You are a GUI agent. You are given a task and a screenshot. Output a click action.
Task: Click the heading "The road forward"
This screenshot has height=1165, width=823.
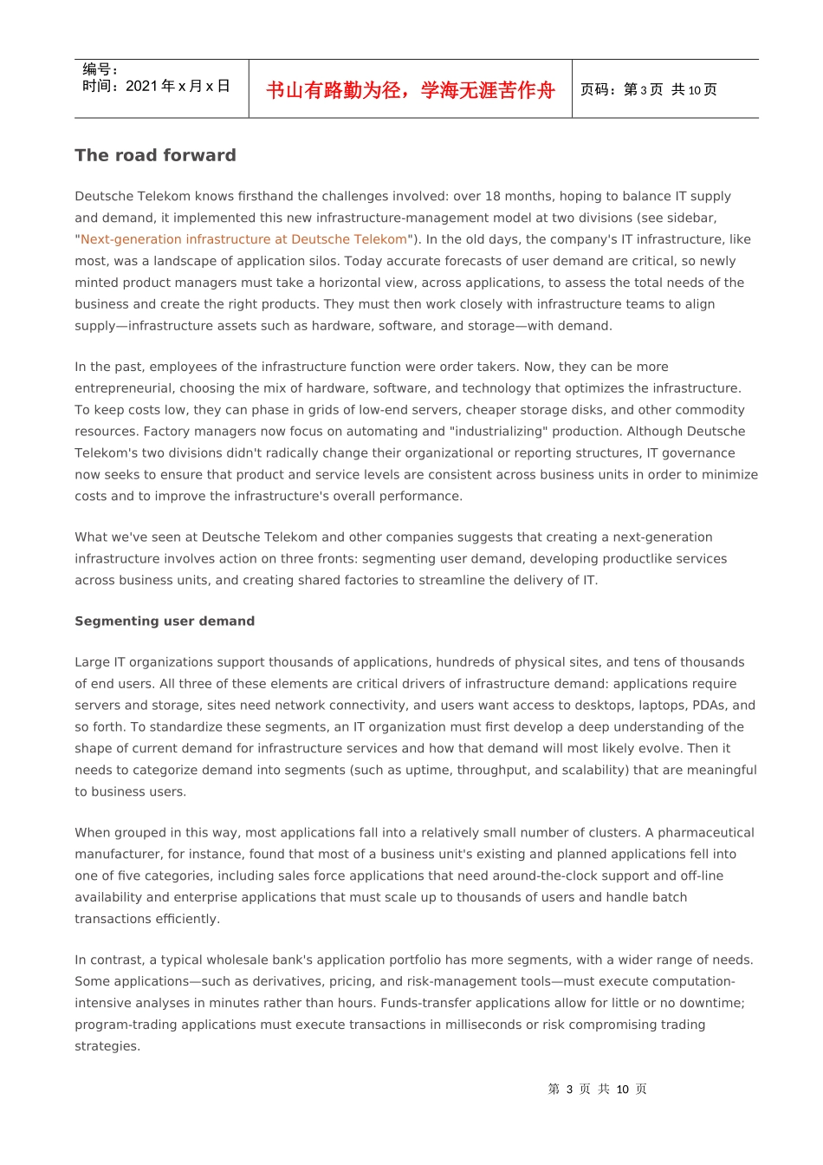pos(155,155)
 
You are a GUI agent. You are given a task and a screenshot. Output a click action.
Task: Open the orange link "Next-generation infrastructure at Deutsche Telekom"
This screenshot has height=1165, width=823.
pos(243,239)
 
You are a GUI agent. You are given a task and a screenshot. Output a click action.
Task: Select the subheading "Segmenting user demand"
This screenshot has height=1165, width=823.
pos(165,622)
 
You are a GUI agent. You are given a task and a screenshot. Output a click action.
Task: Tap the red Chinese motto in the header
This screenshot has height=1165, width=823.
pos(410,90)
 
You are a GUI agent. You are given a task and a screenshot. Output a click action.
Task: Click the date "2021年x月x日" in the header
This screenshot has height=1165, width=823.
pos(178,86)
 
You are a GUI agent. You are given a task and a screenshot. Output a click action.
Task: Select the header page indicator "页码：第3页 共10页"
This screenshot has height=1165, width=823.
pos(648,90)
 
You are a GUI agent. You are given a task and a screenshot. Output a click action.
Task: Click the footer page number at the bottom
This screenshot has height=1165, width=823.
pos(597,1090)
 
